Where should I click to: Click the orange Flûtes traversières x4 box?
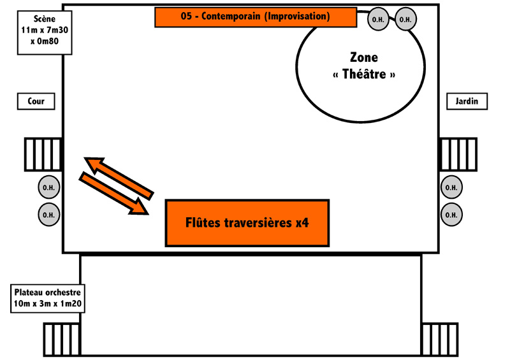pyautogui.click(x=247, y=223)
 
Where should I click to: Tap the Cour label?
pyautogui.click(x=36, y=101)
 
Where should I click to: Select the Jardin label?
pyautogui.click(x=467, y=101)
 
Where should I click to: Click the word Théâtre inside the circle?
pyautogui.click(x=364, y=75)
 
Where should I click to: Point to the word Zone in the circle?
pyautogui.click(x=364, y=57)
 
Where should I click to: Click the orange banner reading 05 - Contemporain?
pyautogui.click(x=256, y=17)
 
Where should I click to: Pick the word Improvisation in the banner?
pyautogui.click(x=297, y=17)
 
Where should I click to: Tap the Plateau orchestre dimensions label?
pyautogui.click(x=47, y=298)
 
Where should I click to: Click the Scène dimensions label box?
pyautogui.click(x=45, y=32)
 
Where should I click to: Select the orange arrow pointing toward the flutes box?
pyautogui.click(x=114, y=194)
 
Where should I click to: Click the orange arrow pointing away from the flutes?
pyautogui.click(x=119, y=178)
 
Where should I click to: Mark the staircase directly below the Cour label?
pyautogui.click(x=43, y=154)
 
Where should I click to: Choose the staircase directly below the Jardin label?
pyautogui.click(x=458, y=154)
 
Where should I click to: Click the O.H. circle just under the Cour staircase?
pyautogui.click(x=49, y=187)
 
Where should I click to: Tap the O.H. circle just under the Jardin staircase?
pyautogui.click(x=451, y=187)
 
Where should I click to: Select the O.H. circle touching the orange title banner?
pyautogui.click(x=378, y=19)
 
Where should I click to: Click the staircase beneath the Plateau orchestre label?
pyautogui.click(x=62, y=340)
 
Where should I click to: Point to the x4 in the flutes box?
pyautogui.click(x=302, y=223)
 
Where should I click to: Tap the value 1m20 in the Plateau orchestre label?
pyautogui.click(x=70, y=304)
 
